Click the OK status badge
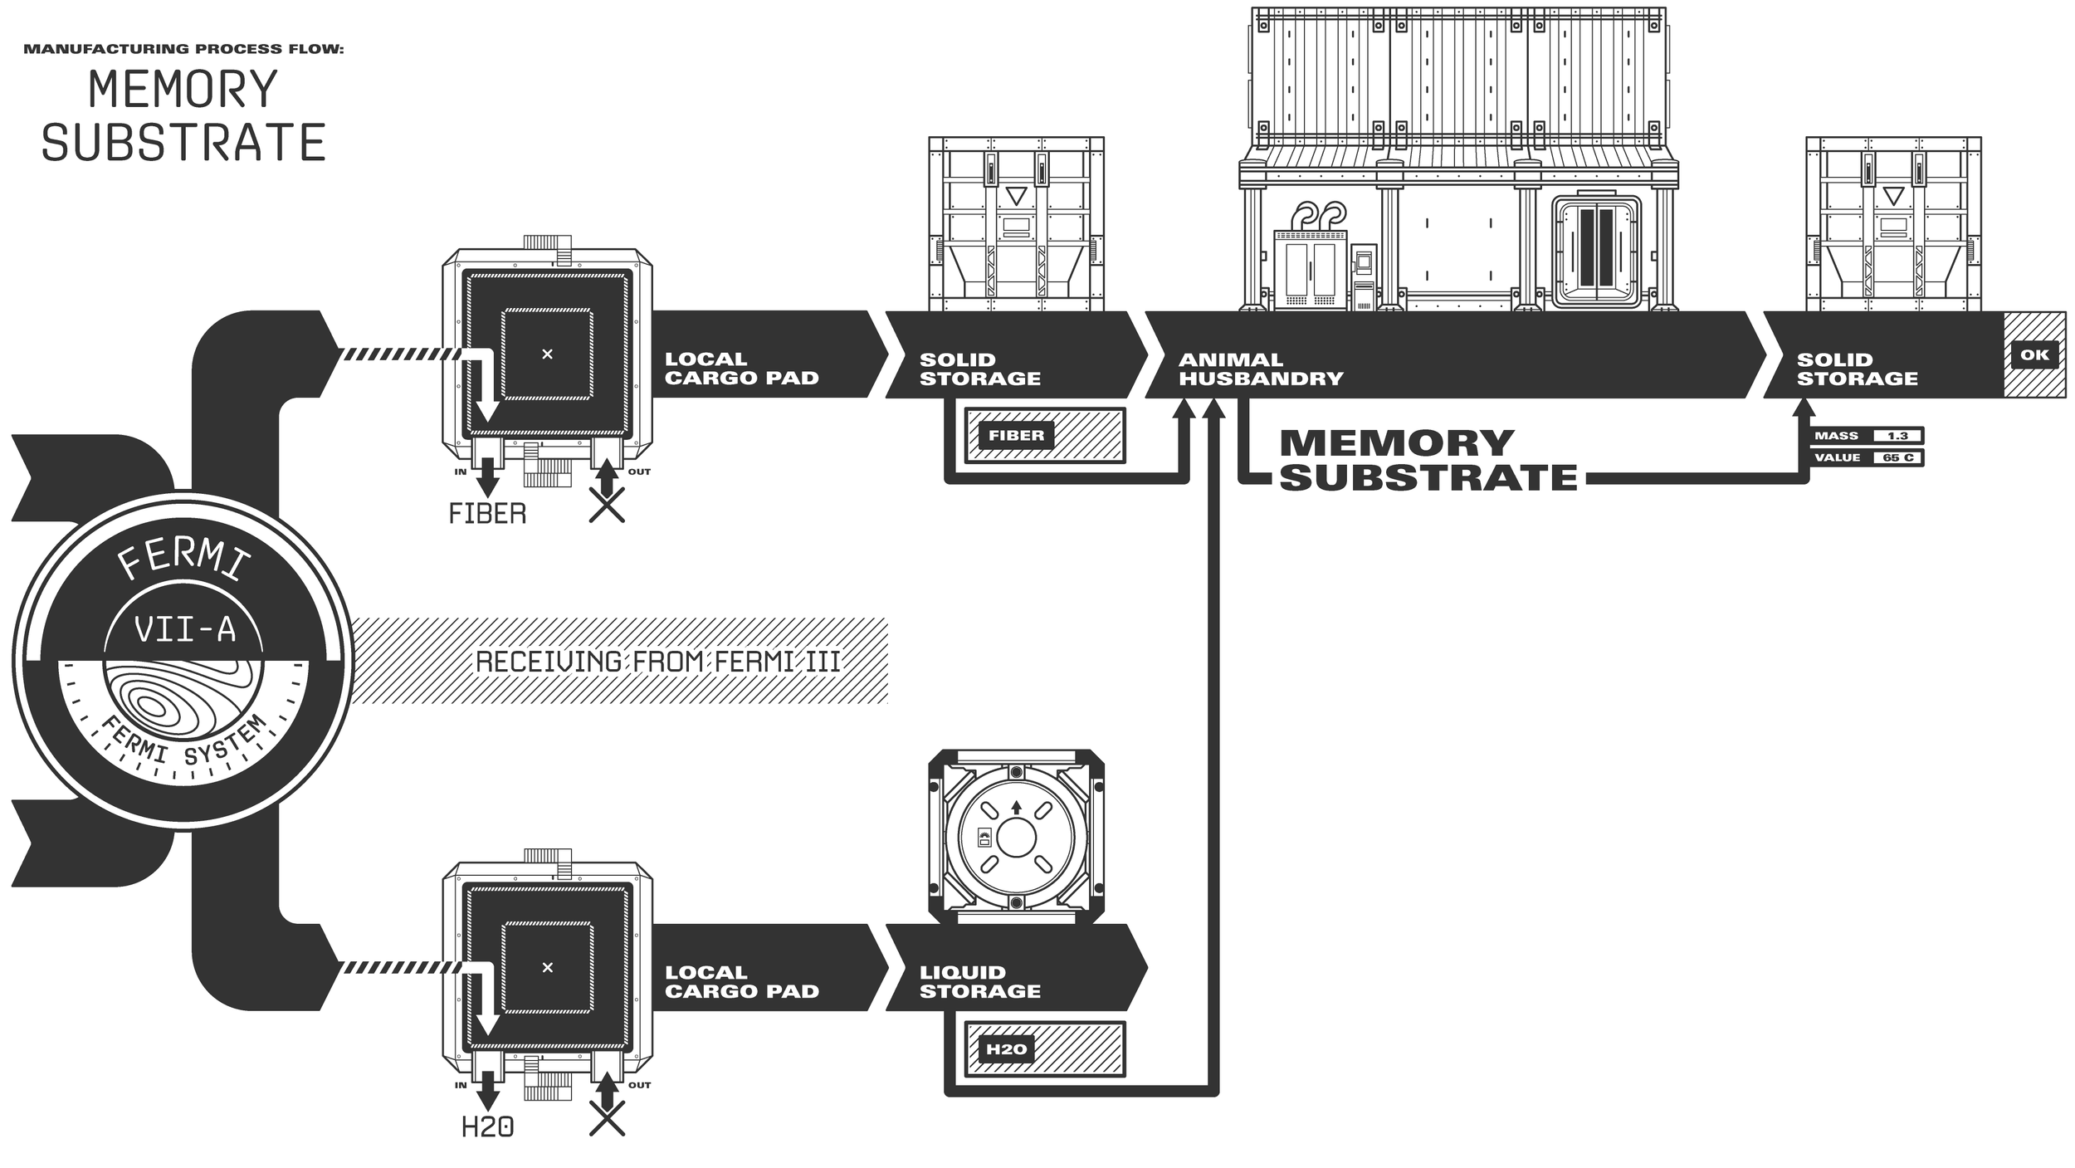coord(2034,354)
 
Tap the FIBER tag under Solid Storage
coord(1016,435)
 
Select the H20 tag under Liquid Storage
coord(1006,1049)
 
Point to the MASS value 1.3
coord(1897,436)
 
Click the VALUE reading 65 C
coord(1897,457)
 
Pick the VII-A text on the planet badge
coord(184,630)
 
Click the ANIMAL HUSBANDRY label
coord(1260,369)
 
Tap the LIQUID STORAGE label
coord(979,982)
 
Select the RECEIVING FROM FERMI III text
coord(657,662)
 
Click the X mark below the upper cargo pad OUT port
coord(607,505)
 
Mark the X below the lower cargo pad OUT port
coord(607,1118)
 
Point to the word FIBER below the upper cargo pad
coord(487,514)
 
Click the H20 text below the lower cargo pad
coord(487,1127)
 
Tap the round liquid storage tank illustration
coord(1016,836)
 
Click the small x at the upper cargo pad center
coord(547,354)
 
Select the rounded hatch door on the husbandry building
coord(1596,251)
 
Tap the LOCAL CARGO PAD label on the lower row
coord(741,982)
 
